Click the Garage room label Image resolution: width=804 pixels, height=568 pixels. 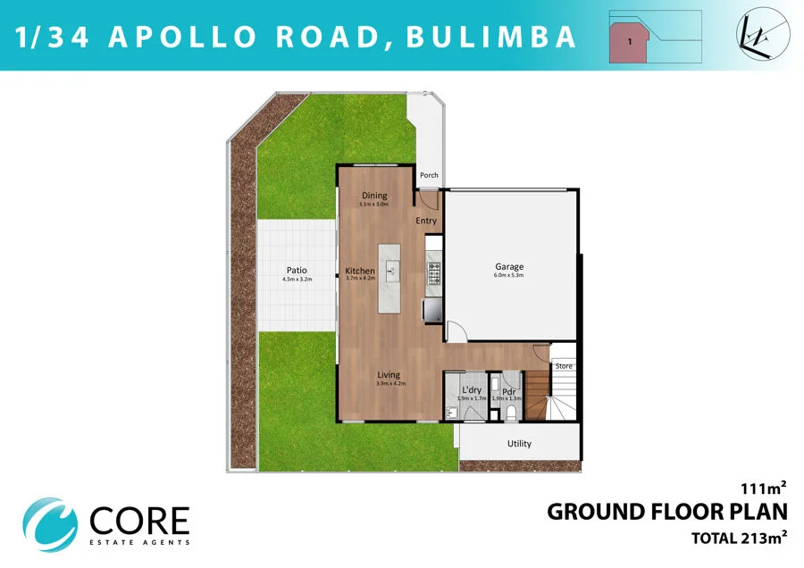pyautogui.click(x=509, y=266)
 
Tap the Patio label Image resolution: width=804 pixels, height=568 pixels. pyautogui.click(x=297, y=270)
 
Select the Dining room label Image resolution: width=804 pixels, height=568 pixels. pyautogui.click(x=373, y=196)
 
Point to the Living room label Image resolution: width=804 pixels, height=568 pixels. pyautogui.click(x=388, y=374)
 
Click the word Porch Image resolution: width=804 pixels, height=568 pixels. pyautogui.click(x=429, y=175)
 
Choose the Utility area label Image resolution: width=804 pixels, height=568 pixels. pyautogui.click(x=518, y=444)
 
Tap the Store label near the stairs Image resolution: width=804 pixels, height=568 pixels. pyautogui.click(x=564, y=366)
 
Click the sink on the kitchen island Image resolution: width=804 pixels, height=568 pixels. pyautogui.click(x=390, y=266)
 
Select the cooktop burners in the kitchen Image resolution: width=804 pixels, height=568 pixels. pyautogui.click(x=434, y=273)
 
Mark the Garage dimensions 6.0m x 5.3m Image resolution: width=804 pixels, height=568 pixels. pyautogui.click(x=509, y=276)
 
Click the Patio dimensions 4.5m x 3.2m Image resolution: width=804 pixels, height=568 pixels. pyautogui.click(x=297, y=280)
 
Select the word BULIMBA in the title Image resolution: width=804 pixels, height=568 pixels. pyautogui.click(x=490, y=38)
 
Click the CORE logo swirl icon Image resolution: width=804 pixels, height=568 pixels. pyautogui.click(x=50, y=522)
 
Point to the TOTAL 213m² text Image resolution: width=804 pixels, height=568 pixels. pyautogui.click(x=739, y=538)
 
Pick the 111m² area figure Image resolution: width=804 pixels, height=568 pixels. pyautogui.click(x=763, y=488)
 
